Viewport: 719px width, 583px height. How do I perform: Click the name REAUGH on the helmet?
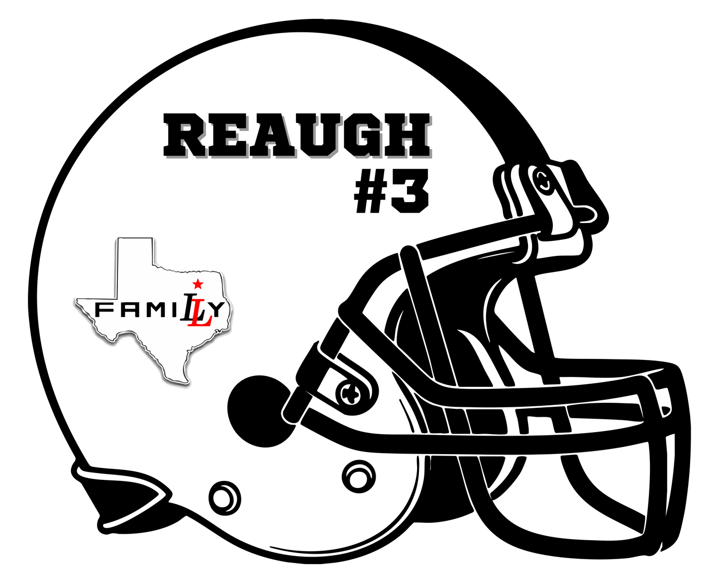click(x=297, y=135)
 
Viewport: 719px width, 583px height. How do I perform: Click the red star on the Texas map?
click(x=198, y=284)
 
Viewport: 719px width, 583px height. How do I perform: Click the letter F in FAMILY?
click(x=103, y=310)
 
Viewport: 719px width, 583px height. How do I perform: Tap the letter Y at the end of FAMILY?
click(x=218, y=310)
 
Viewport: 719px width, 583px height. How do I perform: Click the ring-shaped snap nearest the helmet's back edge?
click(x=224, y=499)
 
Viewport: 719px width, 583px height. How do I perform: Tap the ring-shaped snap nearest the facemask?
click(x=358, y=477)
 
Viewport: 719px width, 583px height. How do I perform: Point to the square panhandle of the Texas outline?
click(x=135, y=267)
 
